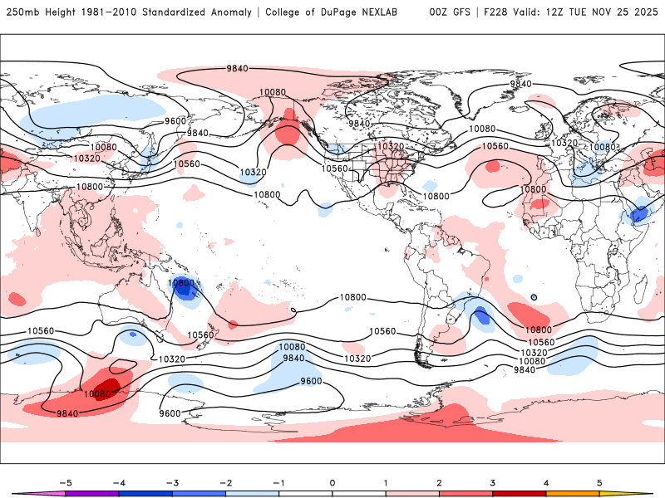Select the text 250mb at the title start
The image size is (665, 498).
pyautogui.click(x=23, y=12)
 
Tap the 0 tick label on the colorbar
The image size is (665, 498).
pyautogui.click(x=332, y=482)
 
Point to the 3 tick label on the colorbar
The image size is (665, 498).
pyautogui.click(x=493, y=482)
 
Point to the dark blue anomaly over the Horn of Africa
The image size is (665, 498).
pyautogui.click(x=639, y=214)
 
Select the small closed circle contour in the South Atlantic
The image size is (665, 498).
pyautogui.click(x=534, y=297)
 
